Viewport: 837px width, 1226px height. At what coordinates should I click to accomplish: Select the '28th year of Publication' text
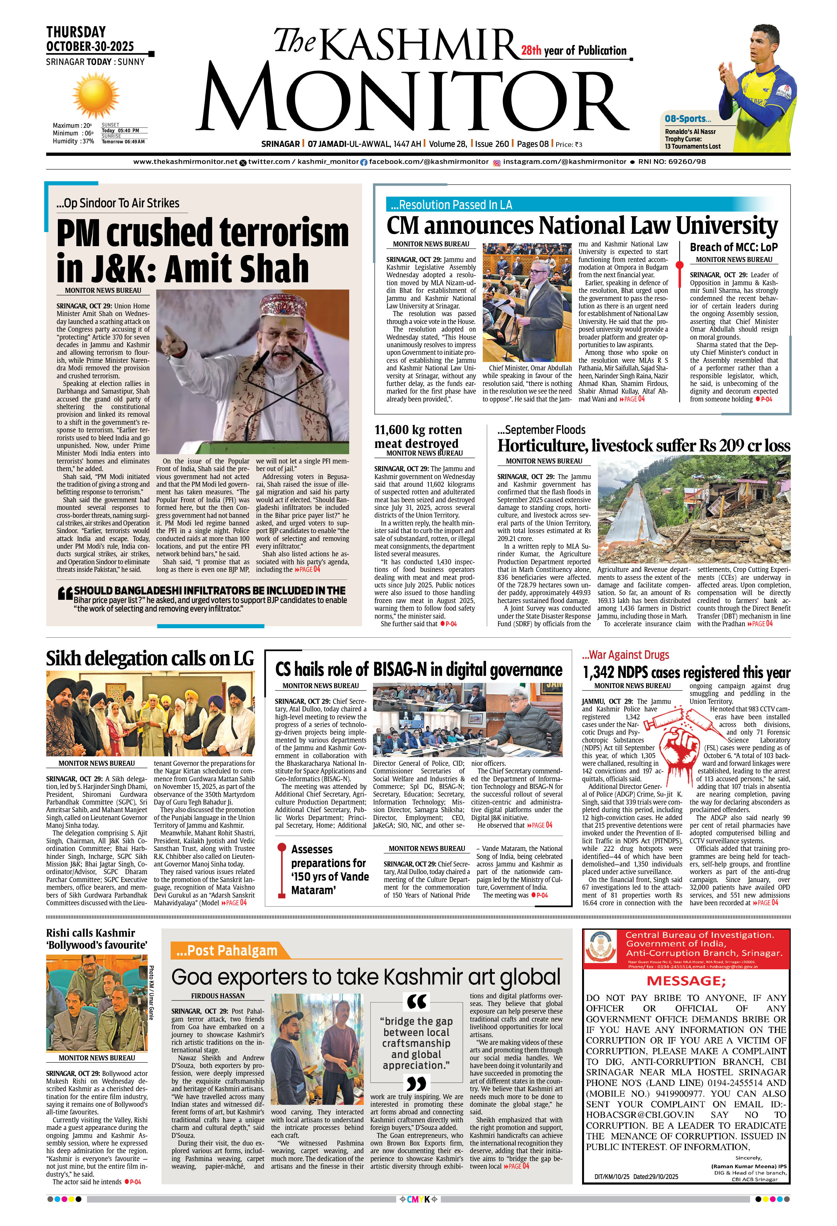coord(574,51)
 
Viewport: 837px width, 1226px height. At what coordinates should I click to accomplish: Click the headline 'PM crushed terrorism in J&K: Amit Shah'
coord(203,250)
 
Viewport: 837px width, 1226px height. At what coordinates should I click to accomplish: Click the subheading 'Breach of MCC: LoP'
coord(733,247)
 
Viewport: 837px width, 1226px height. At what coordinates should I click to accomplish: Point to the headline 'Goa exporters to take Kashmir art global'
coord(366,977)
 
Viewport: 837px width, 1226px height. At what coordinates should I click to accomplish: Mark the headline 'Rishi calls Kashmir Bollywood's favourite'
coord(97,938)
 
